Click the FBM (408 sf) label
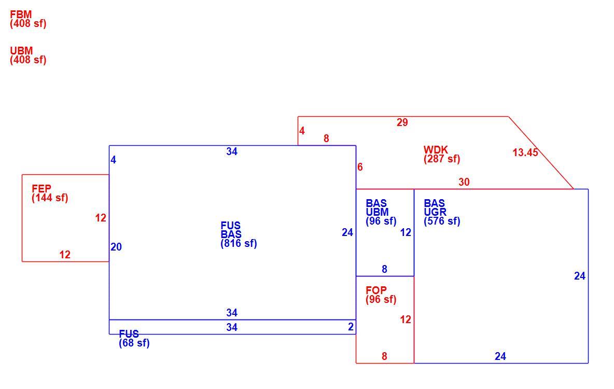(28, 19)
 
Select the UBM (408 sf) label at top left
(28, 55)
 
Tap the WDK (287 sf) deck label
(442, 155)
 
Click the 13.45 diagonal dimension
(525, 152)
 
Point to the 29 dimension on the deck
(402, 122)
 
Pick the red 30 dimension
(464, 182)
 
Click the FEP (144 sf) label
(50, 193)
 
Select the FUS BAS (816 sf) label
(239, 234)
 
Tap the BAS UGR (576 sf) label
(442, 212)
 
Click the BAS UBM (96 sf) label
(381, 212)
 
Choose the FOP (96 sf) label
(381, 295)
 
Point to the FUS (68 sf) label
(134, 339)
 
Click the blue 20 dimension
(116, 247)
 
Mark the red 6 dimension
(360, 168)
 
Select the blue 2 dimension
(351, 327)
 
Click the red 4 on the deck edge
(302, 131)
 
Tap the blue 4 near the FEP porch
(113, 160)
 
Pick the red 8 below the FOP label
(385, 356)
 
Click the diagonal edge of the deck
(541, 153)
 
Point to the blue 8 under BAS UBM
(385, 270)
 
